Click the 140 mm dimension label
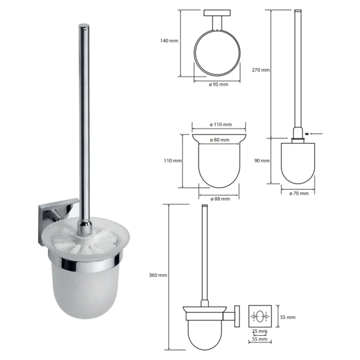point(169,41)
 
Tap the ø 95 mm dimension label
point(218,85)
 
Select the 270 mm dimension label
point(261,70)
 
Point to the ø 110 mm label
point(221,125)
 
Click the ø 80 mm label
point(220,140)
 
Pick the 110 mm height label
point(173,161)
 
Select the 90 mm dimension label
point(262,161)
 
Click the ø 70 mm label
point(299,194)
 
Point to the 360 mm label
point(158,275)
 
